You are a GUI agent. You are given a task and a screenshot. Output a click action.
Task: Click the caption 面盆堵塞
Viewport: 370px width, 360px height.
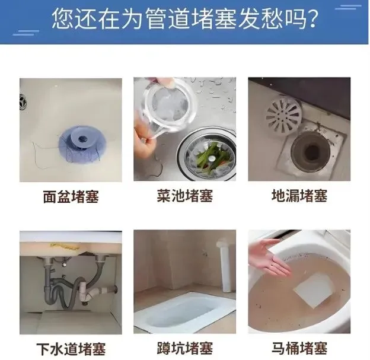pyautogui.click(x=71, y=196)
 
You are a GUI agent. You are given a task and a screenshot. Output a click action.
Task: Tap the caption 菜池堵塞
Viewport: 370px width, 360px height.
pyautogui.click(x=185, y=196)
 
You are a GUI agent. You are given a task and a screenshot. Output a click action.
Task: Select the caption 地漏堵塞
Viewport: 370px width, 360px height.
pyautogui.click(x=299, y=196)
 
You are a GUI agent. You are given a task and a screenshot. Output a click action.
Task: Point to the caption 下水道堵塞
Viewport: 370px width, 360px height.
pyautogui.click(x=71, y=349)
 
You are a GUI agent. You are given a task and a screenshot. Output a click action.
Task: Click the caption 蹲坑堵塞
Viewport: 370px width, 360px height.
pyautogui.click(x=185, y=348)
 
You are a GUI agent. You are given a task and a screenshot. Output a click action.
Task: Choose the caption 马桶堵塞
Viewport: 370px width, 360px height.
pyautogui.click(x=299, y=348)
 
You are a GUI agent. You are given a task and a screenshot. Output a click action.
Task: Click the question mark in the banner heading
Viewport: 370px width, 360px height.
pyautogui.click(x=312, y=18)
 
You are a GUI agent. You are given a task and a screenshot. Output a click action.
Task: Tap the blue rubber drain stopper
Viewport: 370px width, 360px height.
pyautogui.click(x=82, y=144)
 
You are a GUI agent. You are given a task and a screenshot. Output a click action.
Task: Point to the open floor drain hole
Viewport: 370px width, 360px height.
pyautogui.click(x=311, y=152)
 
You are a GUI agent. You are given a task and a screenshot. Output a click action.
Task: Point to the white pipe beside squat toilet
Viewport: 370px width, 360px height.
pyautogui.click(x=227, y=266)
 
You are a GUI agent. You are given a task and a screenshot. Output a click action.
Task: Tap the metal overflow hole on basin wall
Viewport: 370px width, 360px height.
pyautogui.click(x=23, y=102)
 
